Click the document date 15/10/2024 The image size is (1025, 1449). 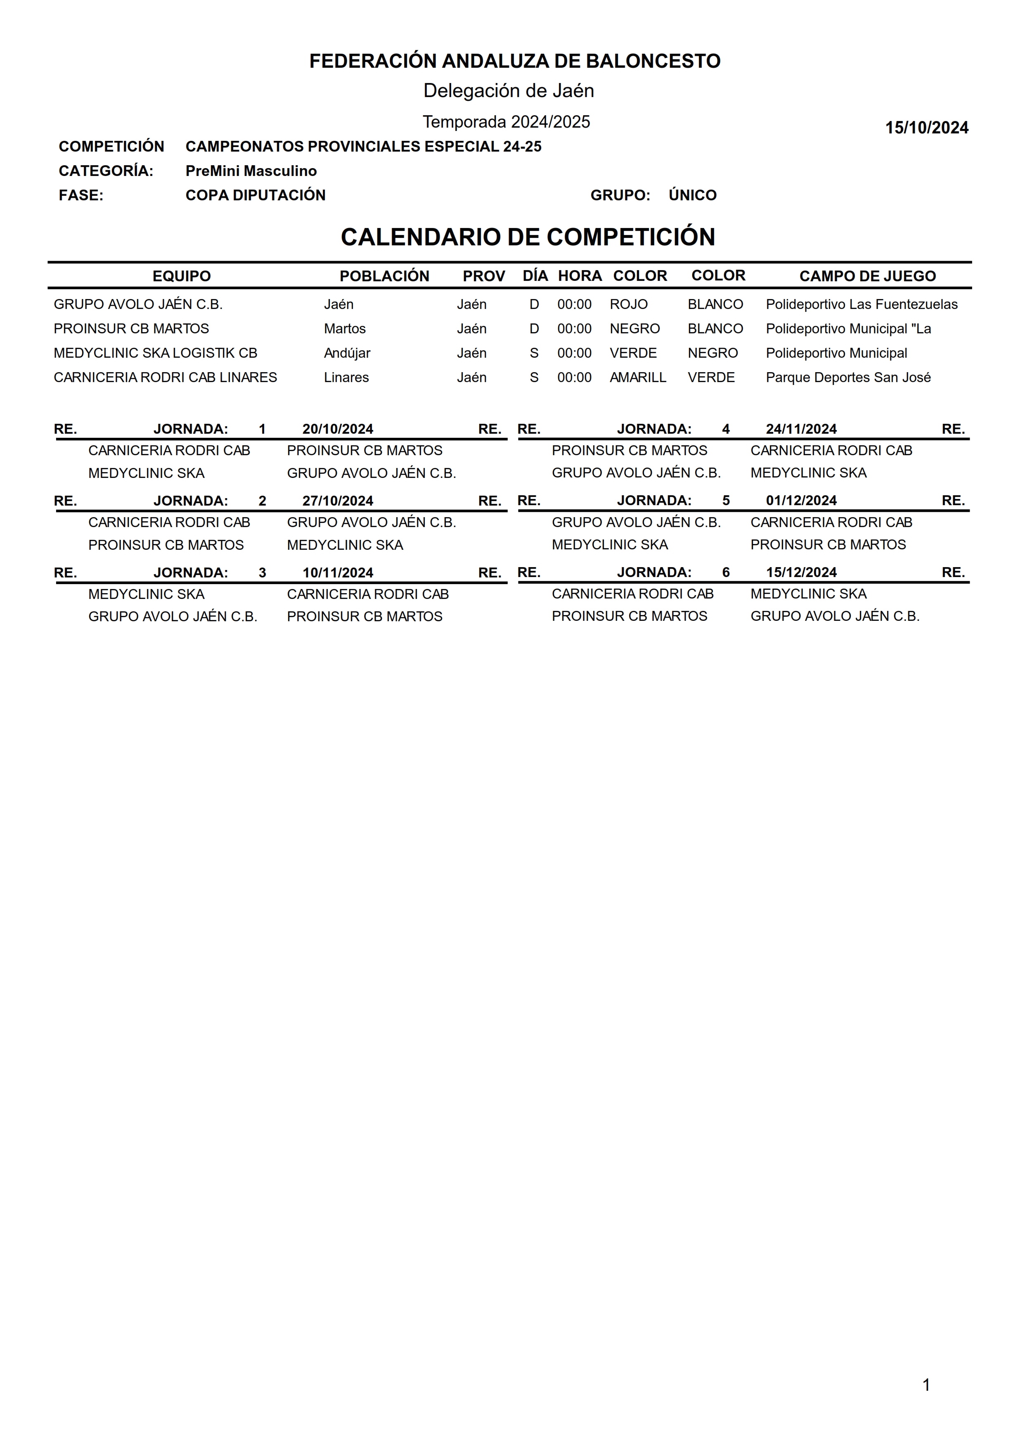[x=926, y=128]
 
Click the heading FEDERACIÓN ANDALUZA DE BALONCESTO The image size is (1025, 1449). [x=514, y=61]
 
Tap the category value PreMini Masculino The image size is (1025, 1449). [x=251, y=171]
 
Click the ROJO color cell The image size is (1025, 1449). [x=628, y=304]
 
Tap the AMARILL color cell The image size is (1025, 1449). [x=637, y=378]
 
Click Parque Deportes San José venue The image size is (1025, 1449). [x=847, y=378]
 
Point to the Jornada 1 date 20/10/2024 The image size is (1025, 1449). [x=338, y=429]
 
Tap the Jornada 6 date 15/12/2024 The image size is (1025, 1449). [x=801, y=572]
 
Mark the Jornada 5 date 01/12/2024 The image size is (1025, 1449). [x=801, y=501]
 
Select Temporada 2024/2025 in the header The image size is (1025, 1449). [x=506, y=122]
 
